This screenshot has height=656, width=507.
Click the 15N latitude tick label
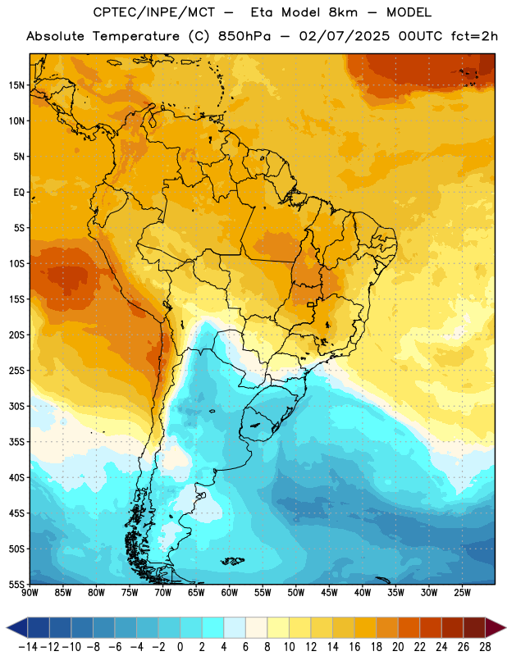click(16, 85)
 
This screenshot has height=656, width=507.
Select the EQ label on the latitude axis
click(19, 193)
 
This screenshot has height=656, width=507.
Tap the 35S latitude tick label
click(16, 442)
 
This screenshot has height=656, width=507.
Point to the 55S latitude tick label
click(16, 584)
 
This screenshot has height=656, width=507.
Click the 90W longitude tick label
click(30, 593)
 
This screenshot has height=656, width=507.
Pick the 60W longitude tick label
click(230, 593)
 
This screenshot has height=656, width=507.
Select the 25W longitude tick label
click(462, 593)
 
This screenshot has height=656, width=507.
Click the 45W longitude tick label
click(329, 593)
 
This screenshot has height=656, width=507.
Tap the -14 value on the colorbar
click(28, 647)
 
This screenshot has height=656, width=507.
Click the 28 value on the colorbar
click(485, 647)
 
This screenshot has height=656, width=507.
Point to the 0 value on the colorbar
click(180, 647)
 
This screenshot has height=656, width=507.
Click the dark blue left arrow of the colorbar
click(17, 627)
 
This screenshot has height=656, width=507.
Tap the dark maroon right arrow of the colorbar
click(496, 627)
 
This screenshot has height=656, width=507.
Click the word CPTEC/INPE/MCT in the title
click(154, 12)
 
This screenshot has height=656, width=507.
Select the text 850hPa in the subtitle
click(244, 36)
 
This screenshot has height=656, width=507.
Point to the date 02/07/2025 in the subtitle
click(344, 36)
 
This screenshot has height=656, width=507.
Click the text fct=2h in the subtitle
click(474, 36)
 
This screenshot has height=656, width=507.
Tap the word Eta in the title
click(262, 12)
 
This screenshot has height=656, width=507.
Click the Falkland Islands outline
click(232, 561)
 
